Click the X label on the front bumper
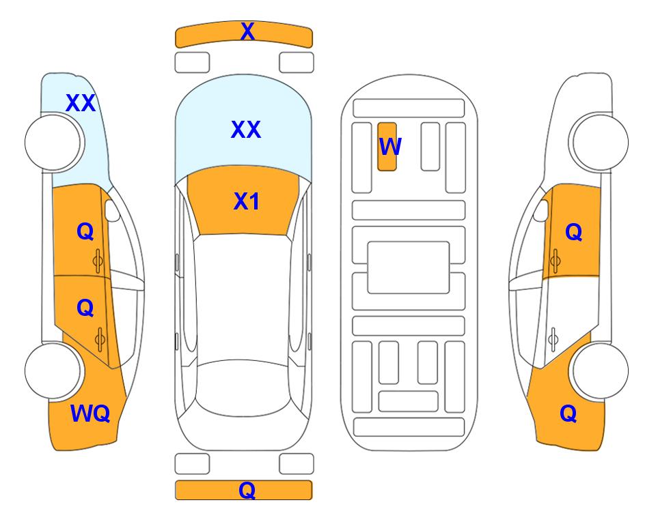(247, 31)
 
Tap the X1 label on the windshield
(247, 201)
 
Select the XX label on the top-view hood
(246, 130)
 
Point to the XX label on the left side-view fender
(81, 103)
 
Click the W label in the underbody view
(390, 147)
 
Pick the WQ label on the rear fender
(90, 413)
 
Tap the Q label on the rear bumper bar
(247, 490)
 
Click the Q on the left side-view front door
(85, 231)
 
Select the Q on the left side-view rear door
(85, 308)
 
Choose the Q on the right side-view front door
(574, 232)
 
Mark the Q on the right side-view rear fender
(568, 413)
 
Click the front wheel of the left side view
(53, 143)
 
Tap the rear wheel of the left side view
(53, 370)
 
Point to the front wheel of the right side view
(600, 143)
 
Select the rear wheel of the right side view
(600, 370)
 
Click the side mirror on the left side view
(112, 210)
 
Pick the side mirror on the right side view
(541, 210)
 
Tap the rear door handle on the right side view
(553, 340)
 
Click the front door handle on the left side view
(98, 261)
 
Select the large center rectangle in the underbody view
(409, 267)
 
